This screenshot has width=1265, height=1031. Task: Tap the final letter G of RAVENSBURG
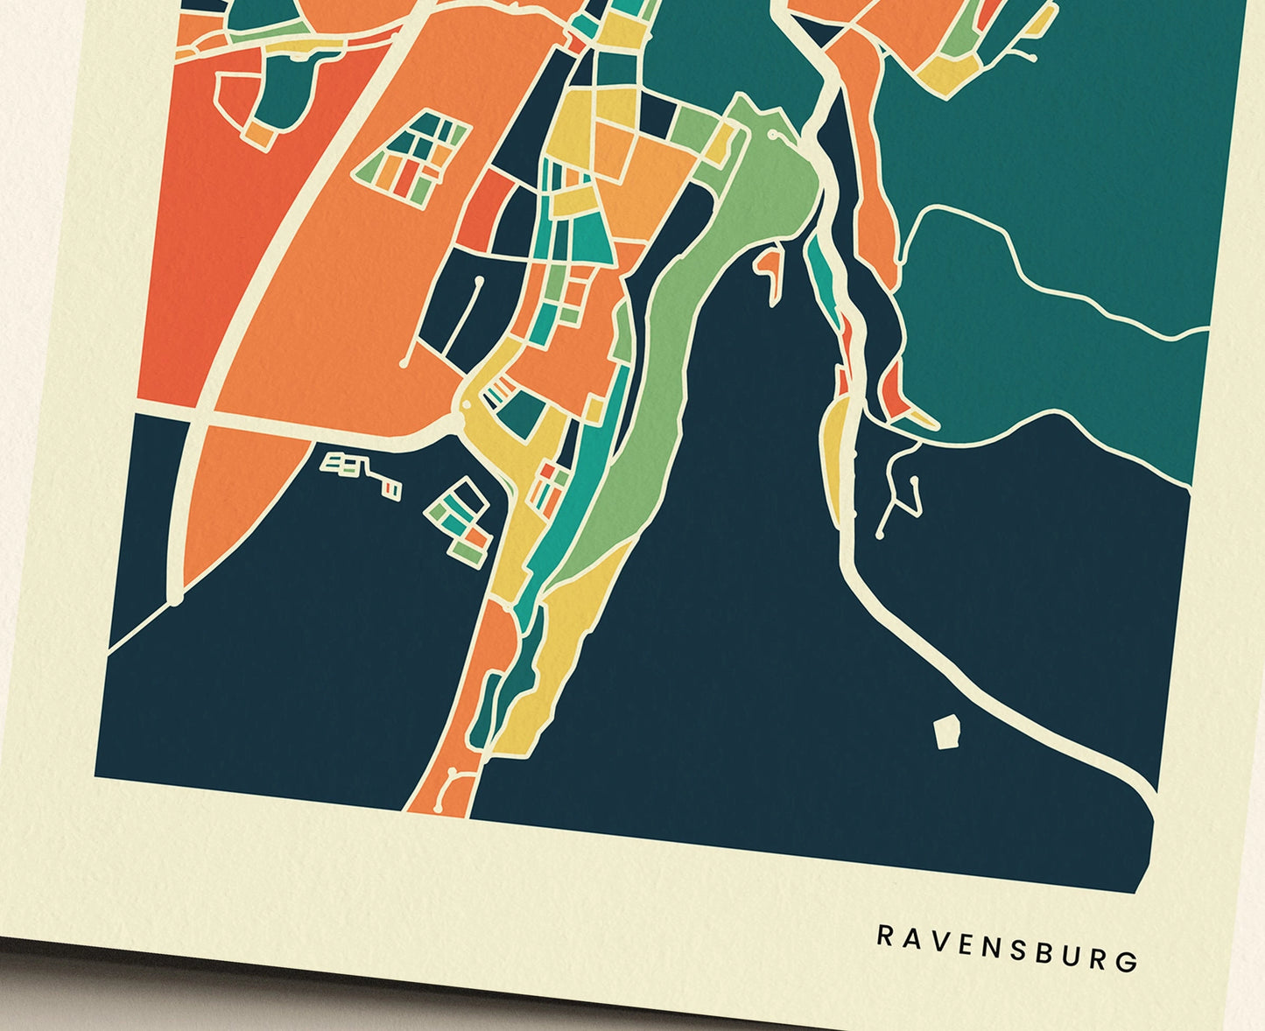tap(1129, 961)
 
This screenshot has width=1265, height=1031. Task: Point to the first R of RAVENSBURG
tap(885, 935)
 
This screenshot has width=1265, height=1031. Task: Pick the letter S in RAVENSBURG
tap(1014, 949)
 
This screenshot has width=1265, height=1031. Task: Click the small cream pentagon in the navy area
tap(946, 732)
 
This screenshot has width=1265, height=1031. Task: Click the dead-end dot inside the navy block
tap(479, 281)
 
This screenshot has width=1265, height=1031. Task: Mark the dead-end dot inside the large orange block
tap(404, 361)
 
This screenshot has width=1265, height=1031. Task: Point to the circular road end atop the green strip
tap(774, 136)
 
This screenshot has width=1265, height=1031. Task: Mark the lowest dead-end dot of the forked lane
tap(880, 534)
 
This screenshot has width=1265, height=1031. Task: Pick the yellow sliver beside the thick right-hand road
tap(836, 455)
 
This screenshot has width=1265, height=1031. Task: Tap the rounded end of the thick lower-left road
tap(176, 599)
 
